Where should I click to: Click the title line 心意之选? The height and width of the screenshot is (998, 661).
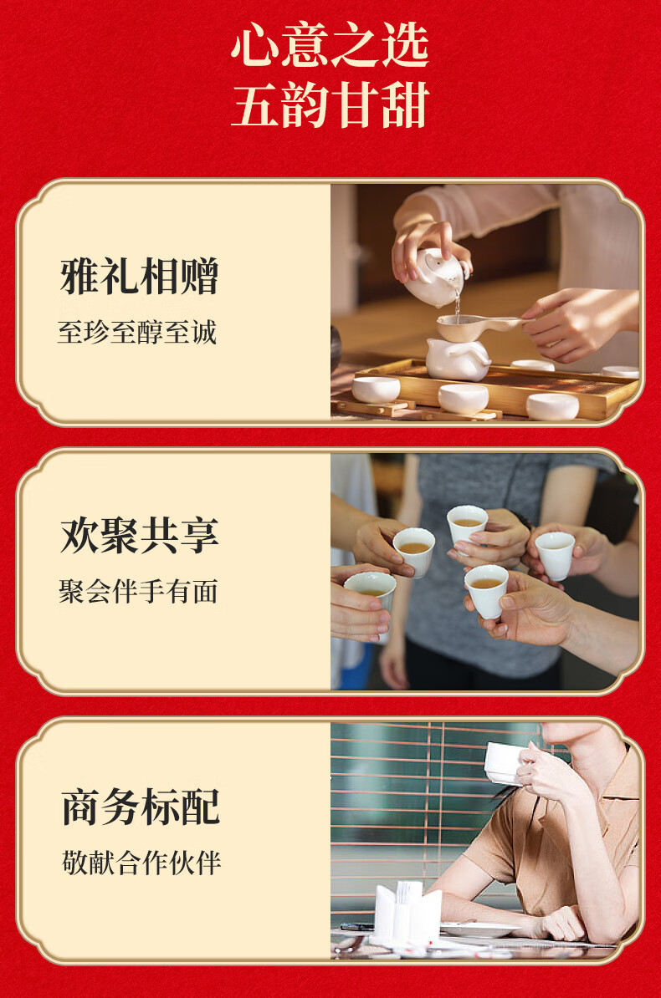[x=330, y=44]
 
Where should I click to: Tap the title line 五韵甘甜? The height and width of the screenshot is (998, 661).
[x=330, y=104]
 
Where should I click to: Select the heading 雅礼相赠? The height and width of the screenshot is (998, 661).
[x=140, y=276]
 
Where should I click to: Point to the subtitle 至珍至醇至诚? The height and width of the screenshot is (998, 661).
[x=137, y=332]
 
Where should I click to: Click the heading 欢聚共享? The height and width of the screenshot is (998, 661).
[x=140, y=535]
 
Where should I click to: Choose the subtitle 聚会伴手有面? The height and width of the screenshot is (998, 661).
[x=138, y=591]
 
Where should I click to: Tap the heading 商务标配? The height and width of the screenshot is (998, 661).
[x=141, y=807]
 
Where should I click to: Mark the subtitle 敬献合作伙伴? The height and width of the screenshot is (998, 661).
[x=141, y=863]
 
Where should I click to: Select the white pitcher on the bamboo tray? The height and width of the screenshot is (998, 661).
[x=458, y=359]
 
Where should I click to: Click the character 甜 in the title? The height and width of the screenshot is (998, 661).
[x=406, y=104]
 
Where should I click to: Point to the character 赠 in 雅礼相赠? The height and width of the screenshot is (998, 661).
[x=199, y=276]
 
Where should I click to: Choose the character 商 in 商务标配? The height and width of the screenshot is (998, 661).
[x=82, y=807]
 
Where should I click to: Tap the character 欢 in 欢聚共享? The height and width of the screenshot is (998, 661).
[x=79, y=535]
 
